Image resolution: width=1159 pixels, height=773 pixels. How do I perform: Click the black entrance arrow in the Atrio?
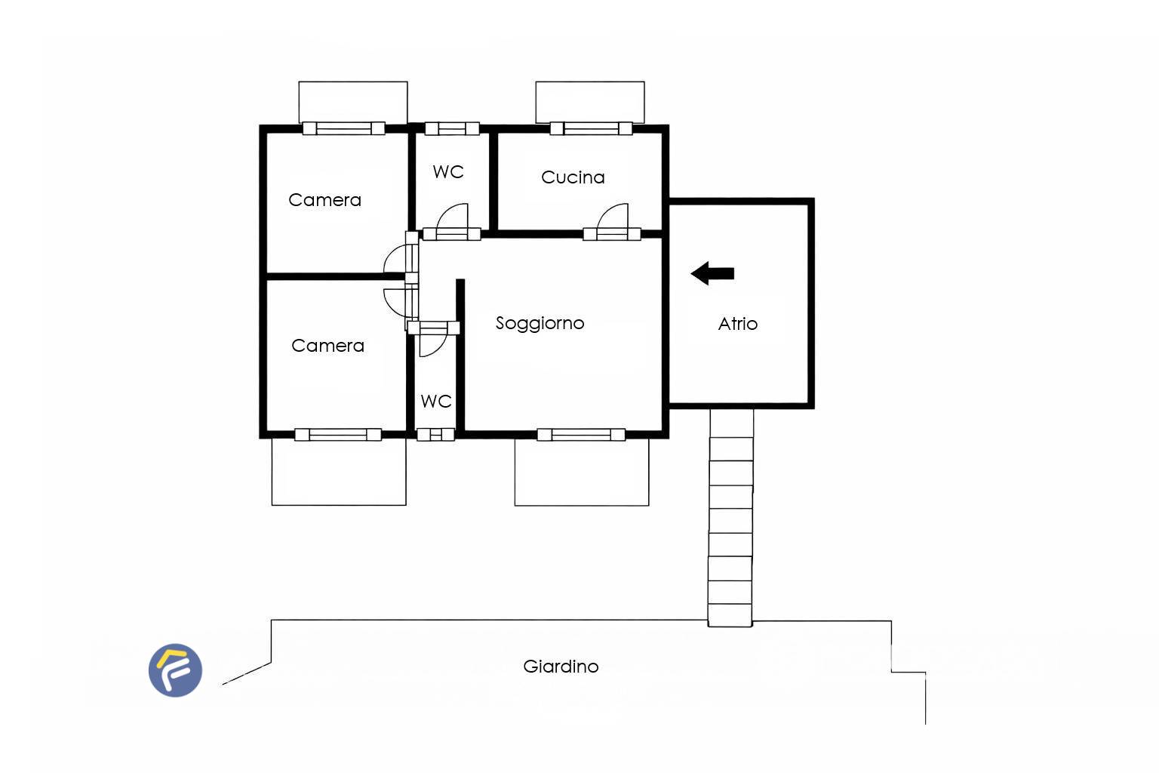pos(712,273)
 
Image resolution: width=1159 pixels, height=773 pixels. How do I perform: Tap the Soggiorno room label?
pos(540,323)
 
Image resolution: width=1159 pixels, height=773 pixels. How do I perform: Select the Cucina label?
pos(573,177)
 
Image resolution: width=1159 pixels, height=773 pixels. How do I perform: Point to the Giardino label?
pos(561,666)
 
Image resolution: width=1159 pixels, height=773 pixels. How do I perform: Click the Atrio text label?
pos(738,324)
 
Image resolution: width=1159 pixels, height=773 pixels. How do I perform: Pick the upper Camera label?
pos(324,200)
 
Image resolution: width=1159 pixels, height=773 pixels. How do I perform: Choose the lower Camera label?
pos(327,345)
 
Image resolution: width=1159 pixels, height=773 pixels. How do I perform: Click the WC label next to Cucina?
pos(448,171)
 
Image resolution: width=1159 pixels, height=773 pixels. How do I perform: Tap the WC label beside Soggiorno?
pos(435,401)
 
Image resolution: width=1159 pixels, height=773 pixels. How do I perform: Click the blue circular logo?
pos(175,670)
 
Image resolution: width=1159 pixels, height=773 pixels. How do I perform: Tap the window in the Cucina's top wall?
pos(591,128)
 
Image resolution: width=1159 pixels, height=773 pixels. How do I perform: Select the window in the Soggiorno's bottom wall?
pos(581,434)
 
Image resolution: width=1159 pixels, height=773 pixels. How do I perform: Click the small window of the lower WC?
pos(435,434)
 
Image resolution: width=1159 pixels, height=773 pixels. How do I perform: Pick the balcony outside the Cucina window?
pos(590,102)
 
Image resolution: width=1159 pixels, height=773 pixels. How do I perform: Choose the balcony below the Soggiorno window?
pos(582,473)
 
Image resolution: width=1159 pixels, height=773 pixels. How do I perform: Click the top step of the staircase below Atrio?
pos(732,423)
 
